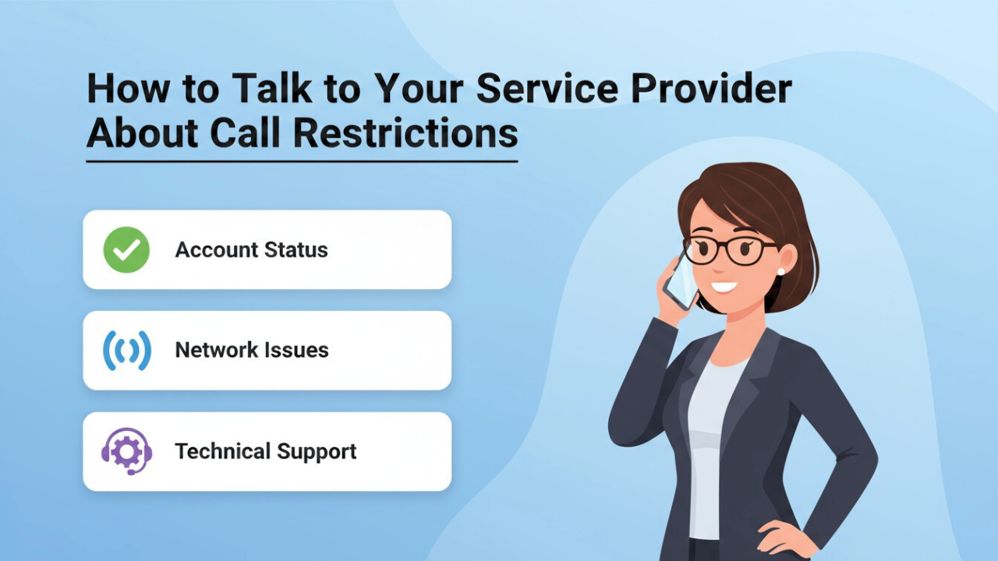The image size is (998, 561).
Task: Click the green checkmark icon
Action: [x=126, y=250]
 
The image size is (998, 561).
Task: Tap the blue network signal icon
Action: [x=126, y=351]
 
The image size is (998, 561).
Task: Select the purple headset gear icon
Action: [x=126, y=451]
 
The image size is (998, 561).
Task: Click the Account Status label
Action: [x=251, y=250]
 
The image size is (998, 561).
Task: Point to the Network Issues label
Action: [x=251, y=351]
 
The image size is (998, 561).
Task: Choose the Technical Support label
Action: [x=265, y=451]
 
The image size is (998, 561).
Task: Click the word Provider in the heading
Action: [x=711, y=90]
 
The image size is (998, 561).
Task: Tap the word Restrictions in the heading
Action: [x=406, y=133]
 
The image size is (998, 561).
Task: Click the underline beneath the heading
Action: [x=302, y=161]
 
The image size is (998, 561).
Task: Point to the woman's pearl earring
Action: [x=780, y=272]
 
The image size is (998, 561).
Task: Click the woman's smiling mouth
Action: [x=724, y=287]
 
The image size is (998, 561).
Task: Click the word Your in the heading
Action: [x=417, y=90]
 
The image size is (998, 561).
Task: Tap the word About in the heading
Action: [x=143, y=133]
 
